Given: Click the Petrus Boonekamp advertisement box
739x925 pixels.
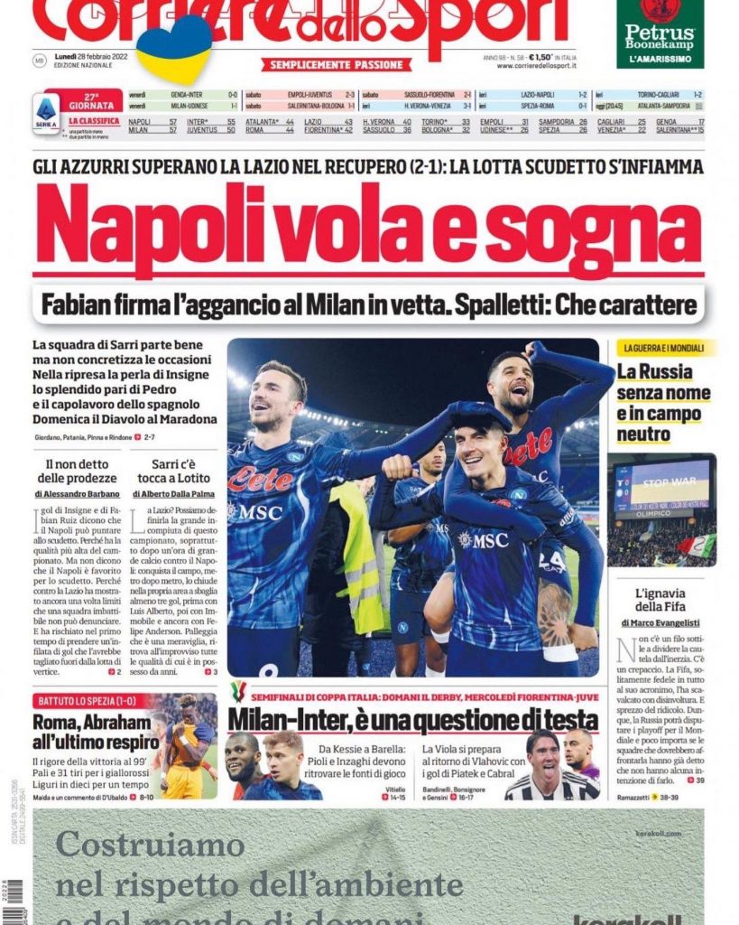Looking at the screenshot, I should pyautogui.click(x=660, y=34).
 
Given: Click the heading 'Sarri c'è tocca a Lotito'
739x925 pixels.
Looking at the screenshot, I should pyautogui.click(x=176, y=473).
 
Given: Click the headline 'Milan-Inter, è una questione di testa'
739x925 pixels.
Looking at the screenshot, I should pyautogui.click(x=412, y=720).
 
